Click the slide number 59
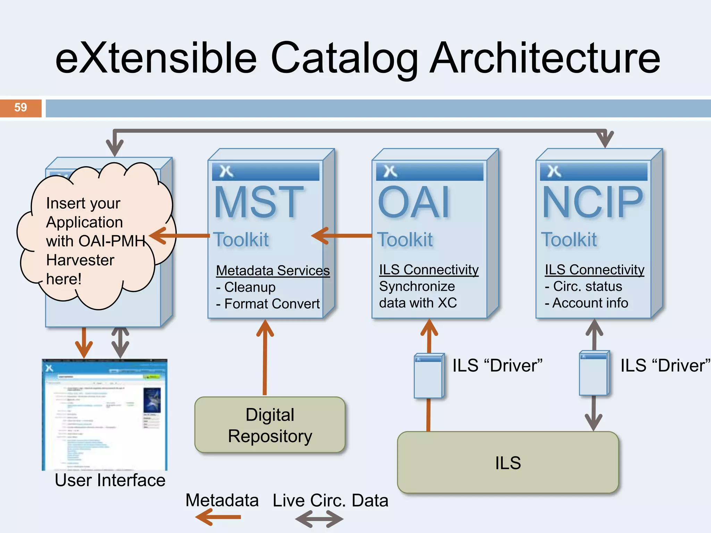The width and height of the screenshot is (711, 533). tap(20, 108)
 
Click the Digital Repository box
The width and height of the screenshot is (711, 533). tap(270, 425)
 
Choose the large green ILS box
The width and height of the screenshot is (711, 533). tap(508, 463)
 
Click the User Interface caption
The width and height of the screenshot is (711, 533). tap(110, 481)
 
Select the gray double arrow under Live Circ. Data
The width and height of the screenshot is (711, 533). tap(319, 519)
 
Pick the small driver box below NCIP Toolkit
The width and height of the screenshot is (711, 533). tap(594, 373)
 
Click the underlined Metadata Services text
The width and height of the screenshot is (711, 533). tap(273, 271)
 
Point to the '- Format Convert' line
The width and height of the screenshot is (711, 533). tap(268, 304)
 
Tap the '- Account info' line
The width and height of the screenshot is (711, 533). tap(586, 303)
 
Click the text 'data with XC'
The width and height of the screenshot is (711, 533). tap(418, 303)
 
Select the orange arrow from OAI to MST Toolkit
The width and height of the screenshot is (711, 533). tap(342, 236)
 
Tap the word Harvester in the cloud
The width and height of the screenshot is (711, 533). tap(80, 260)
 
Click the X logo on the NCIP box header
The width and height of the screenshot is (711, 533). tap(554, 171)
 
